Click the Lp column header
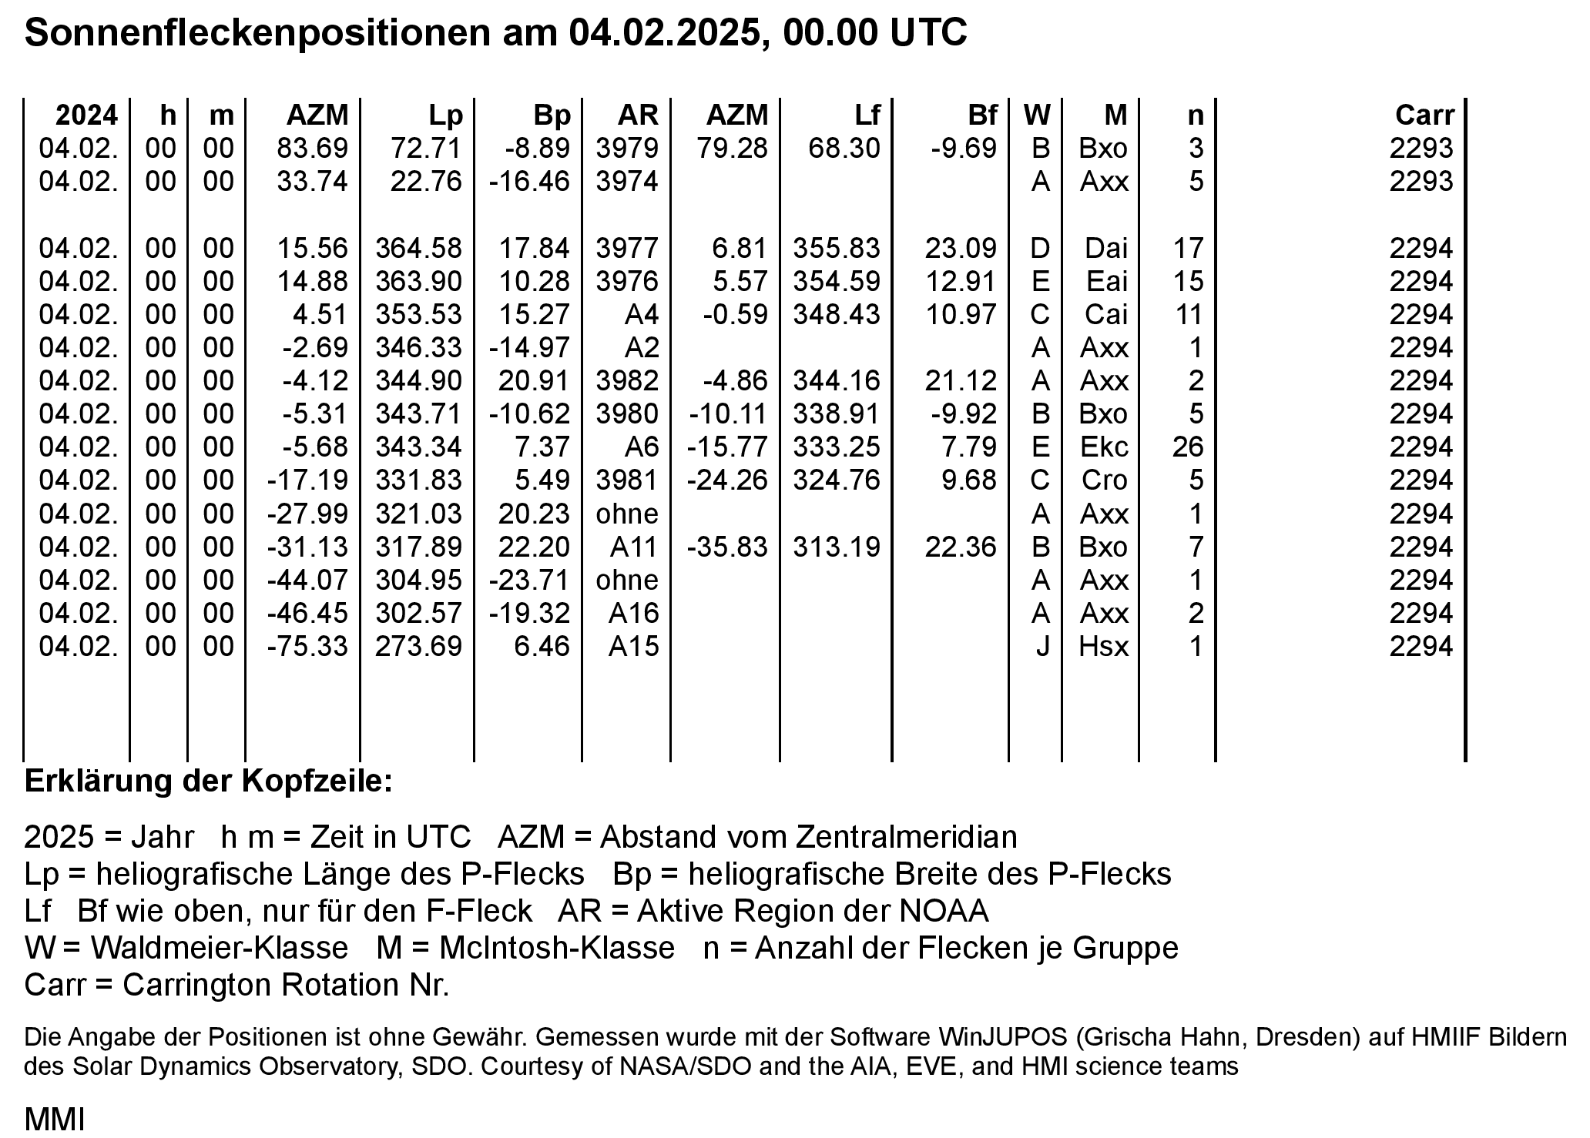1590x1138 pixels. pos(446,115)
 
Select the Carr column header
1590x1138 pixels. pos(1424,115)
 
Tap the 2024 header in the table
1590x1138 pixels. pos(86,115)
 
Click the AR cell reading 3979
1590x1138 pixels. pos(627,149)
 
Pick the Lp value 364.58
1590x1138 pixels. pos(418,249)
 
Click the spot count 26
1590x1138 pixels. pos(1187,447)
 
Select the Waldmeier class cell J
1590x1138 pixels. pos(1042,647)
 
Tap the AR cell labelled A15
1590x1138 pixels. pos(633,647)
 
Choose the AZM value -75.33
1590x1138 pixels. pos(307,647)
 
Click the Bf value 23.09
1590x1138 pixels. pos(961,249)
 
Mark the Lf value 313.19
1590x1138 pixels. pos(837,547)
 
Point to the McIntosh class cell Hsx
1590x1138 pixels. pos(1103,647)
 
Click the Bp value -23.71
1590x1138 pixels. pos(529,581)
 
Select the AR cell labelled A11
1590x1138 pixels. pos(633,547)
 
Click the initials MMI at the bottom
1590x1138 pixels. pos(54,1119)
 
